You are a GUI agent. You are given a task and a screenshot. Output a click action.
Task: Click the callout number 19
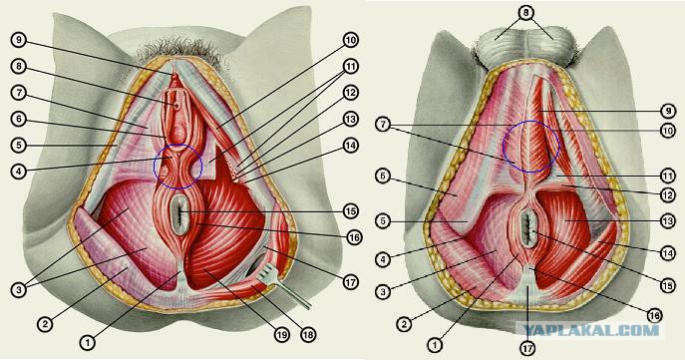point(282,335)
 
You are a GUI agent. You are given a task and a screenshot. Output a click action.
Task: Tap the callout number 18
point(308,335)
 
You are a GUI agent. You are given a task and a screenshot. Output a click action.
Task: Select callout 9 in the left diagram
point(19,40)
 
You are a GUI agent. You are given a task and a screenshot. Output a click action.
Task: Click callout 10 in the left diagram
point(350,40)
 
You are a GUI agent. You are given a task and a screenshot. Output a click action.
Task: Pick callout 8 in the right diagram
point(526,13)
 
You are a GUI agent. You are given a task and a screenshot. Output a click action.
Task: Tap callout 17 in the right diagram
point(527,348)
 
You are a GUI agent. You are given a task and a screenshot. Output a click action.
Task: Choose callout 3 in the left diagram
point(19,290)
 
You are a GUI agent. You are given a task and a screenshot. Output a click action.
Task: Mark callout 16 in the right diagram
point(654,315)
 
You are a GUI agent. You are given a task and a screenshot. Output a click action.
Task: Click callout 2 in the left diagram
point(46,324)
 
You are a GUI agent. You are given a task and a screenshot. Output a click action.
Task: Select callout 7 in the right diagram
point(383,125)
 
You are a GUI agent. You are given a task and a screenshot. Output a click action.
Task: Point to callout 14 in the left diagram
point(350,146)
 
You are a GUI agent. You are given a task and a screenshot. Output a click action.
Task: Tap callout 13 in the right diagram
point(667,222)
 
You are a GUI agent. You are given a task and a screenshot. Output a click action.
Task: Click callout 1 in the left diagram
point(88,342)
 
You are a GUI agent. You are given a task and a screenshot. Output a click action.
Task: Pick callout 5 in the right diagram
point(383,221)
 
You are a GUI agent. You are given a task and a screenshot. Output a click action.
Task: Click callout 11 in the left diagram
point(350,67)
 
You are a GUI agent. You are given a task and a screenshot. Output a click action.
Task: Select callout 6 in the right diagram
point(383,178)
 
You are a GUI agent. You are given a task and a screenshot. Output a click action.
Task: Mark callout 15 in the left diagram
point(350,211)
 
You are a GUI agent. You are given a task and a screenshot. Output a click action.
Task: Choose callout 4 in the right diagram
point(383,259)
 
